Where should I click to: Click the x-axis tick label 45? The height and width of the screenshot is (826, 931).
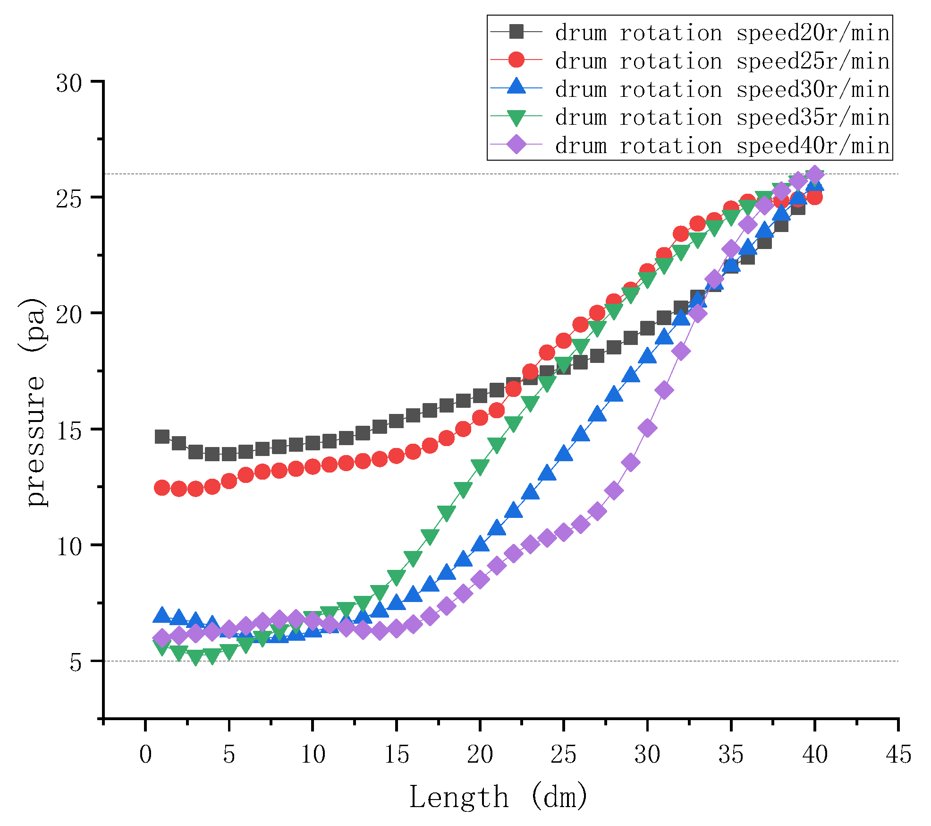(x=898, y=755)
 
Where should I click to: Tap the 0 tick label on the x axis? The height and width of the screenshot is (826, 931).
(x=145, y=755)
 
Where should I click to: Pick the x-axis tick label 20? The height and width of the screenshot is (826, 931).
(x=480, y=755)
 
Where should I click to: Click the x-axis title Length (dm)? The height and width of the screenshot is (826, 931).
(x=499, y=797)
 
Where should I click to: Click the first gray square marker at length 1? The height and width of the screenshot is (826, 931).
(x=162, y=437)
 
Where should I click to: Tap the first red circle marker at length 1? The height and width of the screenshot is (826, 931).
(x=162, y=488)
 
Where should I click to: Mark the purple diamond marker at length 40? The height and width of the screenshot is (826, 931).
(x=814, y=174)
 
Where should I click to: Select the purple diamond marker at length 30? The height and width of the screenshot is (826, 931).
(x=647, y=428)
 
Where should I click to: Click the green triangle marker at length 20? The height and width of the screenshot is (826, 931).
(x=480, y=467)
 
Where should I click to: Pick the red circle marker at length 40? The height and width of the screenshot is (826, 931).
(x=814, y=197)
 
